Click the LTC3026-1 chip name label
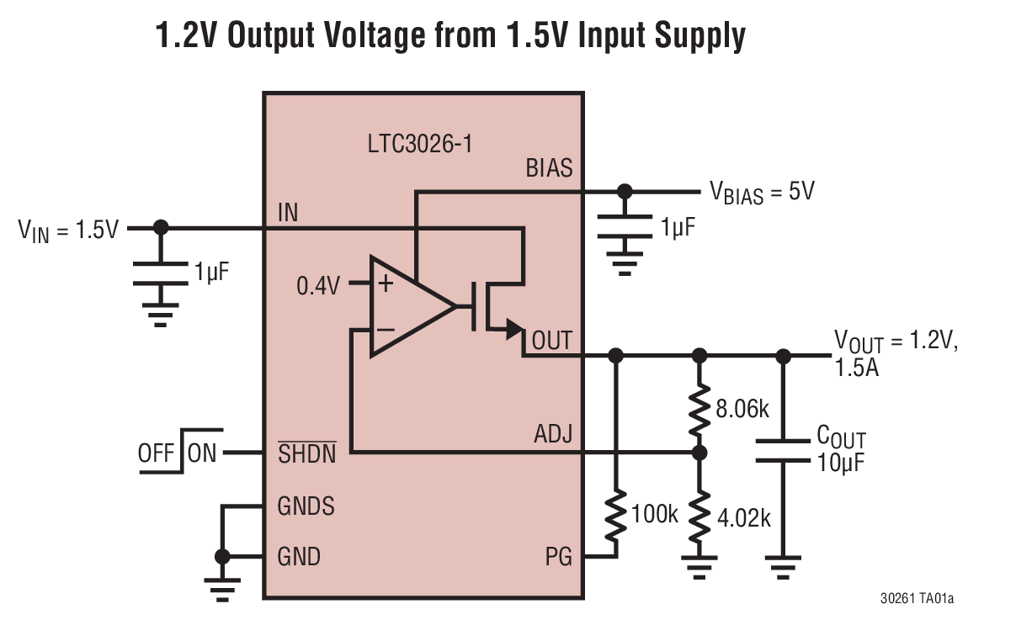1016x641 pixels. pyautogui.click(x=420, y=144)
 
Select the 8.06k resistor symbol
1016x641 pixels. pyautogui.click(x=699, y=408)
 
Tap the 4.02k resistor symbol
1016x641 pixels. pyautogui.click(x=699, y=516)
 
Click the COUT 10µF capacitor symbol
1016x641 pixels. pyautogui.click(x=783, y=450)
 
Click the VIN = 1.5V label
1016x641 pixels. pyautogui.click(x=69, y=229)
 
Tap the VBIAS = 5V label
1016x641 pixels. pyautogui.click(x=761, y=193)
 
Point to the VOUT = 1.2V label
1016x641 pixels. pyautogui.click(x=896, y=341)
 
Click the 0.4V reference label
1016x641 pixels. pyautogui.click(x=318, y=286)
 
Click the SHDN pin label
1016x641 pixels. pyautogui.click(x=306, y=453)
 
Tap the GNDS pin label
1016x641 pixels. pyautogui.click(x=306, y=506)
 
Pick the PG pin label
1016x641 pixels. pyautogui.click(x=558, y=557)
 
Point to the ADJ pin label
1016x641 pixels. pyautogui.click(x=553, y=434)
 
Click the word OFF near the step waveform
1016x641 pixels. pyautogui.click(x=156, y=453)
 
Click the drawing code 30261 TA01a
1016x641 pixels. pyautogui.click(x=917, y=599)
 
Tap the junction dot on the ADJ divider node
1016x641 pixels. pyautogui.click(x=699, y=453)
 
